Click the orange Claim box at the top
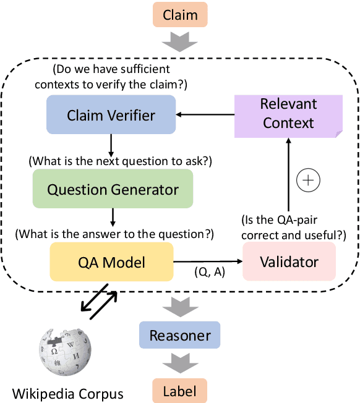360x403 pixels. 179,14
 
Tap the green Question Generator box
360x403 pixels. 113,189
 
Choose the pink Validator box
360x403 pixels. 289,261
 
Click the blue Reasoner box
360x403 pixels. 179,336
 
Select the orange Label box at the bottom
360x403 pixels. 179,390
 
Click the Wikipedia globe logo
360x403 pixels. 64,352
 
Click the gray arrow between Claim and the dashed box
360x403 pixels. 179,43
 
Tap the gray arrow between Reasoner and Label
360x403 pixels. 179,363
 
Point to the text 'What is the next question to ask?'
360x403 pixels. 121,161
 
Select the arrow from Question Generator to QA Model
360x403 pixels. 113,216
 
